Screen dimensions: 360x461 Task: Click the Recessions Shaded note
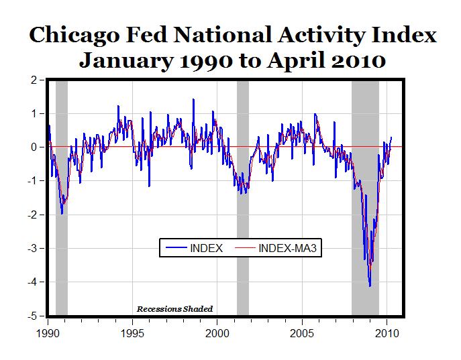[x=174, y=309]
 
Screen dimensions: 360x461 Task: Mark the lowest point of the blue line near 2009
[x=370, y=286]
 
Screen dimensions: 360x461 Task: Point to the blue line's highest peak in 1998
[x=193, y=99]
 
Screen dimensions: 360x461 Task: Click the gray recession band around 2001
[x=242, y=201]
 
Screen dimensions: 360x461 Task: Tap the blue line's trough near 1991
[x=62, y=213]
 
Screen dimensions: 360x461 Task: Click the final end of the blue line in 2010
[x=392, y=137]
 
